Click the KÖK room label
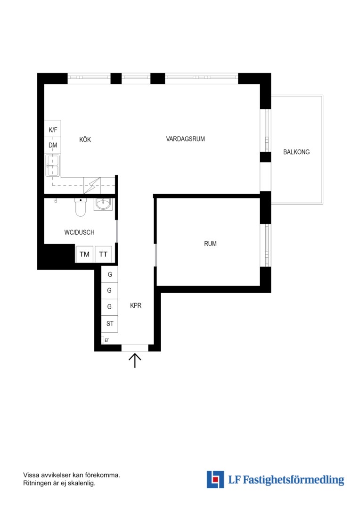pos(85,140)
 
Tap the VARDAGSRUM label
pos(185,139)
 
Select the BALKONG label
pos(296,152)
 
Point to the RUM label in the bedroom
pos(210,244)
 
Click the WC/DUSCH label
pos(80,232)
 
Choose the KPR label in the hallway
pos(136,305)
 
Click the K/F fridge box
pos(53,129)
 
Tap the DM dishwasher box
pos(53,146)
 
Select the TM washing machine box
pos(85,254)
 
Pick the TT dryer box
pos(103,254)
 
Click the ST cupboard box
pos(110,324)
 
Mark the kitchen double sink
pos(53,165)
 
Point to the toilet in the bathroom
pos(81,207)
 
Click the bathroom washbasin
pos(103,204)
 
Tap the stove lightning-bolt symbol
pos(92,186)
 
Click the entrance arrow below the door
pos(135,361)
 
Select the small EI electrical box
pos(106,340)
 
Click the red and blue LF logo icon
pos(215,479)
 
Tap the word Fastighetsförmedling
pos(294,480)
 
